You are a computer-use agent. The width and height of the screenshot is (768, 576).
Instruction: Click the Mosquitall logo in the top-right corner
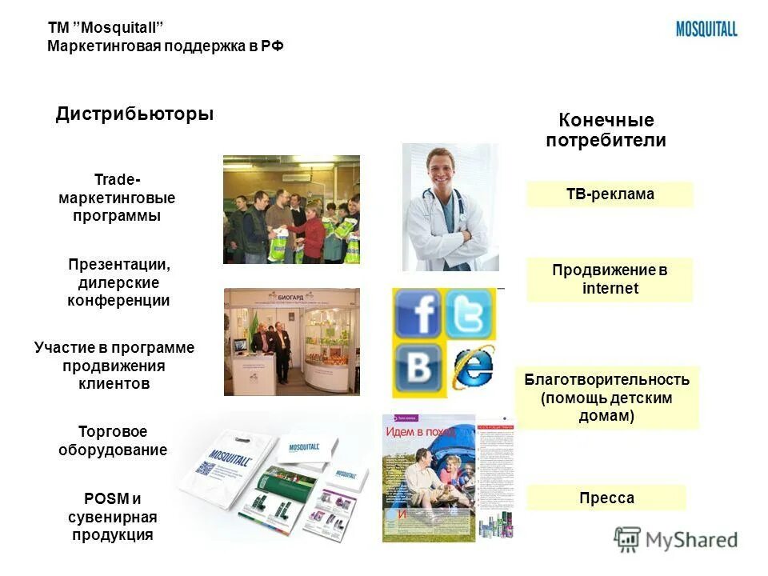pyautogui.click(x=706, y=29)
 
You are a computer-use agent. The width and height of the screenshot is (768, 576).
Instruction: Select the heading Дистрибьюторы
pyautogui.click(x=134, y=114)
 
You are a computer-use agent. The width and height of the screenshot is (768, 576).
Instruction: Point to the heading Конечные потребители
pyautogui.click(x=606, y=130)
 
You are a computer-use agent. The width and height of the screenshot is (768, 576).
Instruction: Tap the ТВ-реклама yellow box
pyautogui.click(x=610, y=194)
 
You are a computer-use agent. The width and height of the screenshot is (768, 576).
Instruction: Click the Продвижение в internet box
pyautogui.click(x=610, y=279)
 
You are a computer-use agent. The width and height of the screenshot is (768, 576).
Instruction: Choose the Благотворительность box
pyautogui.click(x=607, y=398)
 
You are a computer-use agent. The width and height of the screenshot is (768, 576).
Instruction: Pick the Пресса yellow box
pyautogui.click(x=606, y=498)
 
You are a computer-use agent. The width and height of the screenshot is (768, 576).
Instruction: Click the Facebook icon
pyautogui.click(x=417, y=314)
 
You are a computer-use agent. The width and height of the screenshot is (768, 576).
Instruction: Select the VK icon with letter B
pyautogui.click(x=418, y=370)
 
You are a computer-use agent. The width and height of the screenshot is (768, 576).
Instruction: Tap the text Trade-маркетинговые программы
pyautogui.click(x=116, y=198)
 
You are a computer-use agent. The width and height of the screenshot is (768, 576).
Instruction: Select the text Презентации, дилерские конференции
pyautogui.click(x=118, y=282)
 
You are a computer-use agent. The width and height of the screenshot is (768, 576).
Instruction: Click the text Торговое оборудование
pyautogui.click(x=113, y=441)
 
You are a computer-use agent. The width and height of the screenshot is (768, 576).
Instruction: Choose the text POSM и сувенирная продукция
pyautogui.click(x=113, y=517)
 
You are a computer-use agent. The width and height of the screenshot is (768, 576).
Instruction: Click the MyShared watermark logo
pyautogui.click(x=676, y=539)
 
